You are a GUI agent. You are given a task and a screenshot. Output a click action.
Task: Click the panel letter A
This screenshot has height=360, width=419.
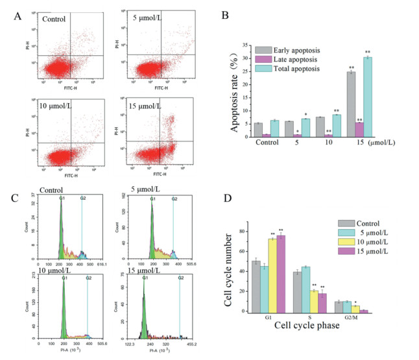coord(19,16)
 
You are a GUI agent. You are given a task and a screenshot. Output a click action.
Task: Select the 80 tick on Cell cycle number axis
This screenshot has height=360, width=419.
coord(254,232)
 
